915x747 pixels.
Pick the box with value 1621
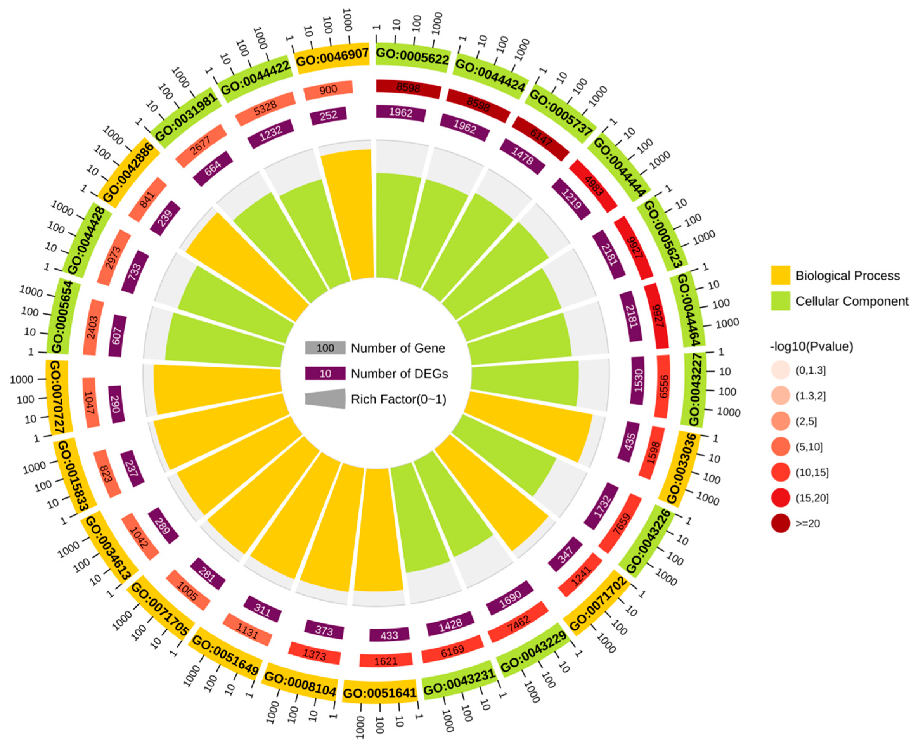click(386, 661)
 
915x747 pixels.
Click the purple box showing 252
click(328, 116)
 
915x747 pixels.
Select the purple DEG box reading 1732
click(602, 506)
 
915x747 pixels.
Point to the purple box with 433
click(389, 635)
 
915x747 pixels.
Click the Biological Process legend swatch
click(780, 275)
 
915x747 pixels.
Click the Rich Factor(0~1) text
click(398, 399)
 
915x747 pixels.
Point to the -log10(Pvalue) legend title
click(811, 346)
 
